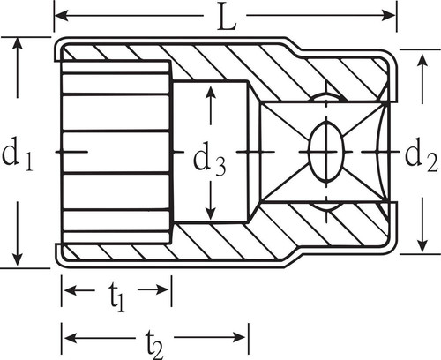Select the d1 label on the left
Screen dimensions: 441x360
(18, 156)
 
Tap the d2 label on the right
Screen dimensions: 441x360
(422, 157)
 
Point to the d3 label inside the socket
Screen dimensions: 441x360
(209, 161)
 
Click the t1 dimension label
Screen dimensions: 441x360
(117, 297)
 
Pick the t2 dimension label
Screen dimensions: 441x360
(154, 344)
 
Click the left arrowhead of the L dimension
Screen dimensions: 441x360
(62, 15)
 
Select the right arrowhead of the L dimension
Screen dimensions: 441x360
(389, 15)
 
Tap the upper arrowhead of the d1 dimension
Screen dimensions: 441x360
(18, 45)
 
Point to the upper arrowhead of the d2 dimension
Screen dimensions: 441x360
(422, 61)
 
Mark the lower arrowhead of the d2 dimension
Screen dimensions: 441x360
(422, 245)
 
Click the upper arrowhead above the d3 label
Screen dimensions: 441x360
(211, 93)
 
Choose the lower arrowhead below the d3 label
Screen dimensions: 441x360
(211, 212)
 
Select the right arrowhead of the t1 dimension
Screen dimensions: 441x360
(162, 289)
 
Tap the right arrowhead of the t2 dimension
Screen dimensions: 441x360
(240, 337)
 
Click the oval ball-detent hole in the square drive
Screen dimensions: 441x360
(325, 153)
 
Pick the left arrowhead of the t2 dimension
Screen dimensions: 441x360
(71, 337)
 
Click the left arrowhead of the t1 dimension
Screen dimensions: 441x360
(71, 289)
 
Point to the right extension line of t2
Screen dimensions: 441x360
(249, 339)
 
